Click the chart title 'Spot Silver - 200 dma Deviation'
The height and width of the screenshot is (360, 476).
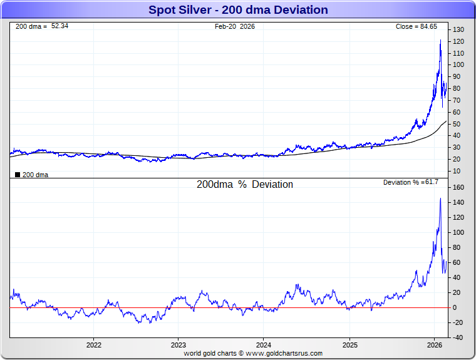pos(238,10)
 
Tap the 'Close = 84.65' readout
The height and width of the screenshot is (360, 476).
pos(416,26)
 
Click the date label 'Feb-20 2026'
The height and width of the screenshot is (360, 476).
pos(235,26)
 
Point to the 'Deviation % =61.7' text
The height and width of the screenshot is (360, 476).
pos(411,182)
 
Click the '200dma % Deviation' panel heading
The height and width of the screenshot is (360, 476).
pos(245,185)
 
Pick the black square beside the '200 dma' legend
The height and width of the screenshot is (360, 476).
pos(18,175)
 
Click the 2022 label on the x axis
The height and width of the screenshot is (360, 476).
pos(94,345)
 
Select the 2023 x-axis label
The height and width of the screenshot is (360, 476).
pos(178,345)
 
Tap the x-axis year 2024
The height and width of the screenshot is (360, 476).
pos(264,345)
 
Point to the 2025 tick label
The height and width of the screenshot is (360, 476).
pos(349,345)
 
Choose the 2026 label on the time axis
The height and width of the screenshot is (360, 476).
pos(435,345)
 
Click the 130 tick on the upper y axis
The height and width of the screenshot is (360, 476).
pos(458,30)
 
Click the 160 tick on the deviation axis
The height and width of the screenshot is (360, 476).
pos(458,187)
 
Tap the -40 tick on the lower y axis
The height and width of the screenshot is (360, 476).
pos(458,337)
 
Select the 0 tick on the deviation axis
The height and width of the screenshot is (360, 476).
pos(455,307)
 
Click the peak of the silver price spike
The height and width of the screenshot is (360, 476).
pos(440,40)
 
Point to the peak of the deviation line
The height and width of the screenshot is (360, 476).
pos(440,198)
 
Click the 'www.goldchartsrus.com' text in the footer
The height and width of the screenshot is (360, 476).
pos(284,353)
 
